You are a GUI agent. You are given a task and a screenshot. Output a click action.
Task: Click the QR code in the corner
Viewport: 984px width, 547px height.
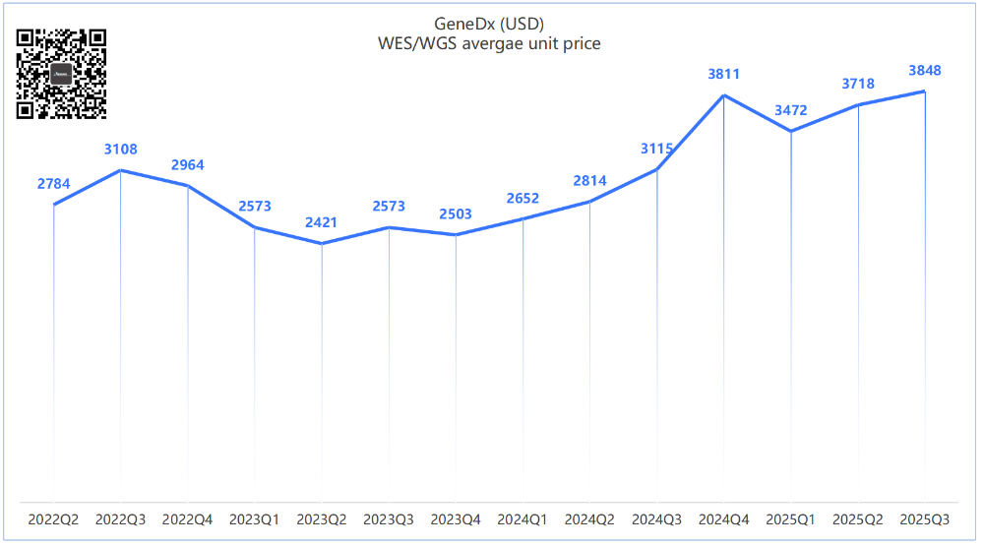click(x=61, y=74)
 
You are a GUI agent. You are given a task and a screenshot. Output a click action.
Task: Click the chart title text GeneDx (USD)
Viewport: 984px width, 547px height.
click(x=489, y=24)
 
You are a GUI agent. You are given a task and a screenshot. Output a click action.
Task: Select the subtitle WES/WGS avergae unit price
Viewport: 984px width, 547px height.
click(x=489, y=43)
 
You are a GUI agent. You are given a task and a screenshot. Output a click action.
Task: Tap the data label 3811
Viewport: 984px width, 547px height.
click(x=724, y=74)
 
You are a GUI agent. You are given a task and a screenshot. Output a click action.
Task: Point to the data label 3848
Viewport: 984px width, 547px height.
click(x=925, y=70)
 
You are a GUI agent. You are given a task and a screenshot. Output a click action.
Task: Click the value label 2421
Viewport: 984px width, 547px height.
click(x=322, y=222)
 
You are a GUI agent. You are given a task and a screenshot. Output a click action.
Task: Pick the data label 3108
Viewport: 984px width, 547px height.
click(x=121, y=150)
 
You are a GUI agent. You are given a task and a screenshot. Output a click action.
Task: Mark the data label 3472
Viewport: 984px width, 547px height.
click(x=791, y=110)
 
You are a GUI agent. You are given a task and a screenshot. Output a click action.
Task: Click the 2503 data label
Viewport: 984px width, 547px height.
click(x=456, y=213)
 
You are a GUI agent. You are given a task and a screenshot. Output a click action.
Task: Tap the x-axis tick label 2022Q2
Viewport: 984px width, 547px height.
click(x=54, y=518)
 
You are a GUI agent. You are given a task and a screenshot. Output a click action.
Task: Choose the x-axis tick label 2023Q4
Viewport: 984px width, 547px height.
click(x=456, y=518)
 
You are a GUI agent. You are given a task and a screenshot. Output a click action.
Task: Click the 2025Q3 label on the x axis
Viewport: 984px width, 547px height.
click(x=925, y=518)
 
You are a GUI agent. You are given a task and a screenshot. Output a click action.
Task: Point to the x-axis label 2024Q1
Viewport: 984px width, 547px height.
click(x=523, y=518)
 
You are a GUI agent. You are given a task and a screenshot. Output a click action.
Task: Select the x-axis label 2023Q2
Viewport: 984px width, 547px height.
click(x=322, y=518)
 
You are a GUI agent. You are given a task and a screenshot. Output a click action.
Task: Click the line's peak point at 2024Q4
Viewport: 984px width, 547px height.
click(x=724, y=95)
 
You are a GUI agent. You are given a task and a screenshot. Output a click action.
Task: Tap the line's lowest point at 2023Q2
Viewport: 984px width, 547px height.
click(x=322, y=243)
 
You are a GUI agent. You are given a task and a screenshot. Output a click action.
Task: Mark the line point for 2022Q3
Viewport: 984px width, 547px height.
click(x=121, y=170)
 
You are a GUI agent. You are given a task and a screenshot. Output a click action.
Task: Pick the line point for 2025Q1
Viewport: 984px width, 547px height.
click(x=791, y=132)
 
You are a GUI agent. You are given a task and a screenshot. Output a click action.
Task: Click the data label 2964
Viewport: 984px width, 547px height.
click(x=188, y=164)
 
